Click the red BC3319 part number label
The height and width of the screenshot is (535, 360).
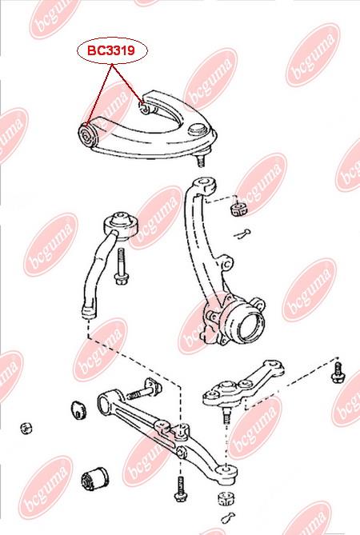pyautogui.click(x=111, y=51)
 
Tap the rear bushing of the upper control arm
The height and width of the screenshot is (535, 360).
pyautogui.click(x=144, y=108)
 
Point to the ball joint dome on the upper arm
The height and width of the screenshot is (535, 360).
pyautogui.click(x=197, y=130)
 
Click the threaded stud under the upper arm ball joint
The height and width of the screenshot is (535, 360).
pyautogui.click(x=200, y=160)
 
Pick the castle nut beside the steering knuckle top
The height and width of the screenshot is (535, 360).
pyautogui.click(x=239, y=210)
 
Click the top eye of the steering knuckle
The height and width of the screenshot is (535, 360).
pyautogui.click(x=205, y=185)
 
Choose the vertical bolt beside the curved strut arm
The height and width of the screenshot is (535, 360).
pyautogui.click(x=121, y=266)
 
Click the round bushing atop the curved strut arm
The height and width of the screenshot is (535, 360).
pyautogui.click(x=121, y=226)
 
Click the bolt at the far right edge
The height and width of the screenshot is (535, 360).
pyautogui.click(x=338, y=372)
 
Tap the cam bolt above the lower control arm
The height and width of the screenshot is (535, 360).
pyautogui.click(x=144, y=390)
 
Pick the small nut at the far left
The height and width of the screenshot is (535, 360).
pyautogui.click(x=26, y=428)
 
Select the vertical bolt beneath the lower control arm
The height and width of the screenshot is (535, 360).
pyautogui.click(x=180, y=489)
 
